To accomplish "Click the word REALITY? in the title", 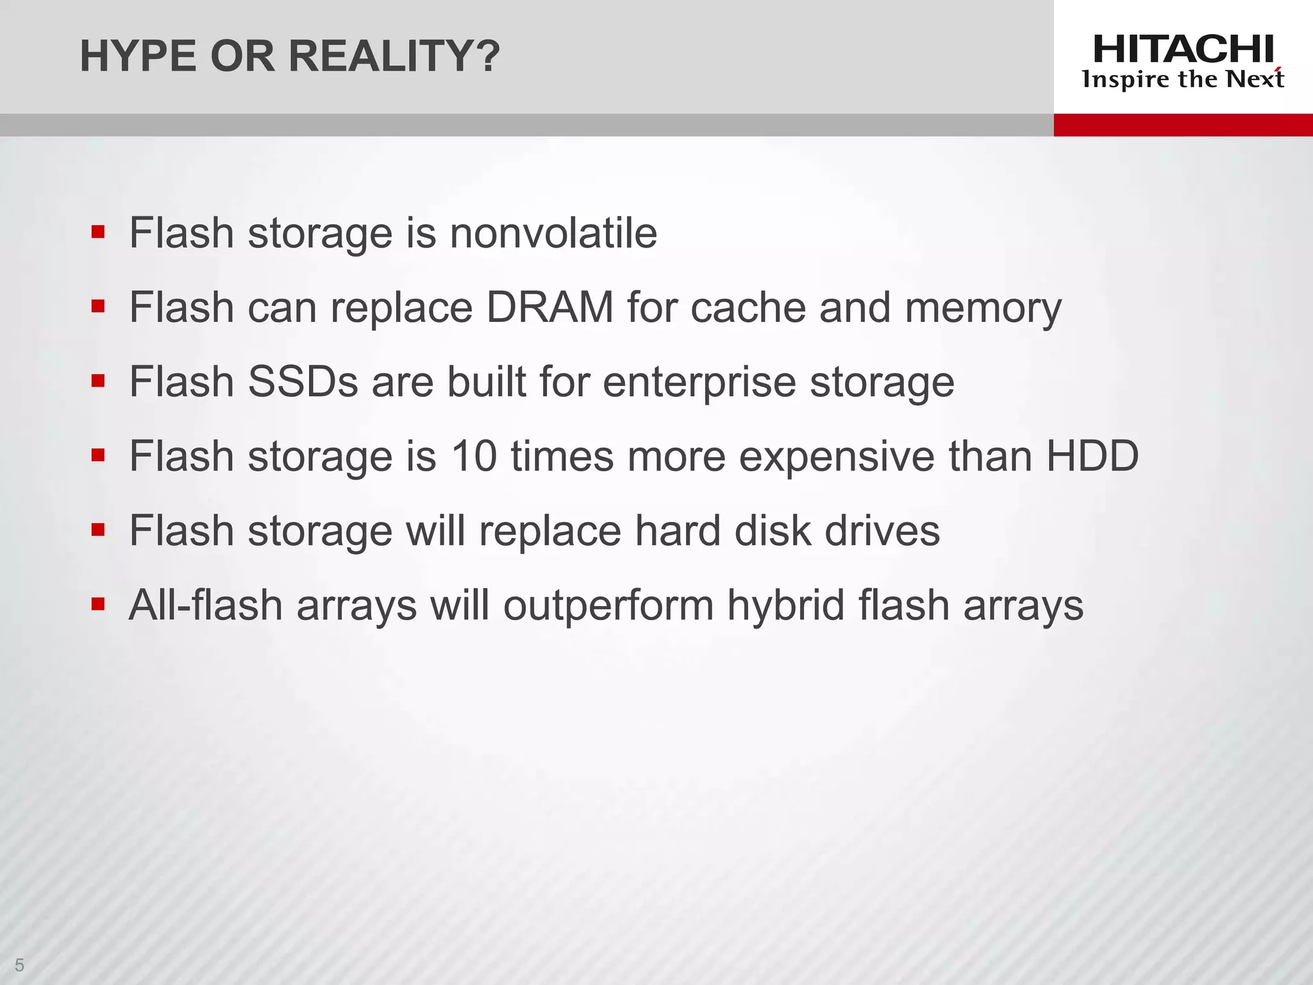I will tap(394, 56).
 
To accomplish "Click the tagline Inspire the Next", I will tap(1183, 80).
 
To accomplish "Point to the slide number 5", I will tap(19, 964).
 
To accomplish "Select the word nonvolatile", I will tap(553, 233).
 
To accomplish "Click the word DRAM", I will tap(550, 308).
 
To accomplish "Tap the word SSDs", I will tap(303, 382).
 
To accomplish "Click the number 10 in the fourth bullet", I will tap(474, 457).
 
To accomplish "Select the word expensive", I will tap(837, 457).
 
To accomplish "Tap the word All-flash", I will tap(206, 605).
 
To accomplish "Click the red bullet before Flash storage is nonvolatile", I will tap(98, 232).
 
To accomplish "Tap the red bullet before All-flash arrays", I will tap(98, 604).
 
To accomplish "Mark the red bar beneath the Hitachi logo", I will tap(1183, 125).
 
